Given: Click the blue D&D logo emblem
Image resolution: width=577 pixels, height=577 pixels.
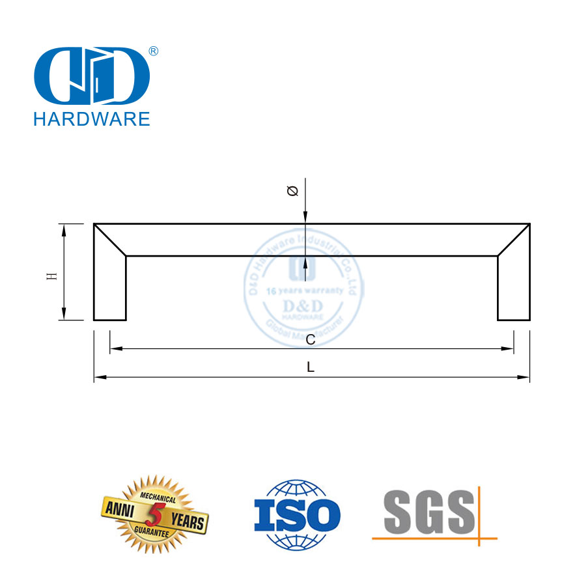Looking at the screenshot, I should point(92,76).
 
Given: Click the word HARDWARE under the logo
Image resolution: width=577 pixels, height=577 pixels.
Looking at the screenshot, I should point(92,119).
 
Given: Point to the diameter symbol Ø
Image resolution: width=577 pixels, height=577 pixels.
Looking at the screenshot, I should point(292,191).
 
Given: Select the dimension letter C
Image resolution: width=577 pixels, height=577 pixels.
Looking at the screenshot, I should point(311,339).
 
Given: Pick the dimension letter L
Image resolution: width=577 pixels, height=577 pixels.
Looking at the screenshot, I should point(311,367).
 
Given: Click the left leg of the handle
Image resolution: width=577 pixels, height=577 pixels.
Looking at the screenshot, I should point(109,287).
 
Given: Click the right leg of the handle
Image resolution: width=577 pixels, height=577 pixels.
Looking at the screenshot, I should point(513,287).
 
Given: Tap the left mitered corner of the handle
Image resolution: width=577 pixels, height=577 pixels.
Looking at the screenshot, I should point(109,239).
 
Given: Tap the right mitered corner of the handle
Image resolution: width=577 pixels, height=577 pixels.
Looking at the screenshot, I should point(514,239).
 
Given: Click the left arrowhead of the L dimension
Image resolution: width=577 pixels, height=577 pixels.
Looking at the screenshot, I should point(99,378).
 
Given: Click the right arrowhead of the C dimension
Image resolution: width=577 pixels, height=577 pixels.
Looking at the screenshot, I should point(509,349).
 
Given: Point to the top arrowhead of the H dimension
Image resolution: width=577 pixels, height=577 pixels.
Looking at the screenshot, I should point(64,228).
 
